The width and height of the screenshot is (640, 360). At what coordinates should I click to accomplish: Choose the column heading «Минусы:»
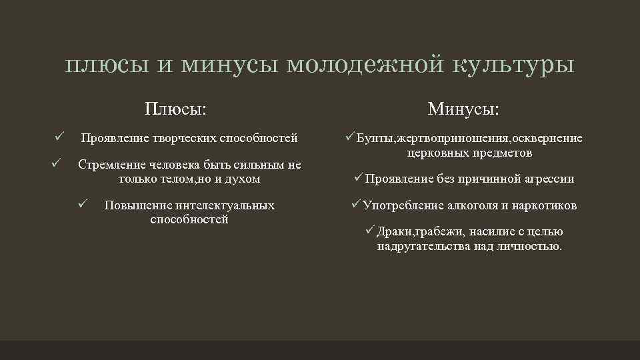point(464,108)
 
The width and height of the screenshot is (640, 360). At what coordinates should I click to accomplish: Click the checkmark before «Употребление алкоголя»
point(356,204)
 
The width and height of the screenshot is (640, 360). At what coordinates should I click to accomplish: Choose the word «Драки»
point(395,232)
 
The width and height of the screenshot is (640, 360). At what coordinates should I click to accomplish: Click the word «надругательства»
point(424,246)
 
